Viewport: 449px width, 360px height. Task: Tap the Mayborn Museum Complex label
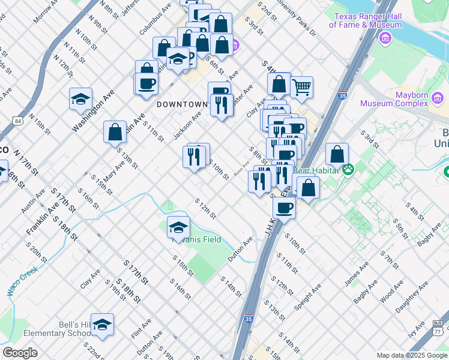pos(401,99)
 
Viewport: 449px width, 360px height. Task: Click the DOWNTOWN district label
pos(182,104)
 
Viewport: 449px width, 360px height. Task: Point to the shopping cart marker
pos(302,87)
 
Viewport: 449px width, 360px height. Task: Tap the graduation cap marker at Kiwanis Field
pos(178,227)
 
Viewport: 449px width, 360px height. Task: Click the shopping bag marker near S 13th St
pos(115,132)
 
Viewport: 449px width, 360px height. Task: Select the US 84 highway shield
pos(20,121)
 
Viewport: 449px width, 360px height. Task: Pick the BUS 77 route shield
pos(438,328)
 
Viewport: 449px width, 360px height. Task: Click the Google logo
pos(20,353)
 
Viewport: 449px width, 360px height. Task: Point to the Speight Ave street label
pos(308,297)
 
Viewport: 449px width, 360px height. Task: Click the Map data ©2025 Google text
pos(411,355)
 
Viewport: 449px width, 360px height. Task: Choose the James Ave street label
pos(355,274)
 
